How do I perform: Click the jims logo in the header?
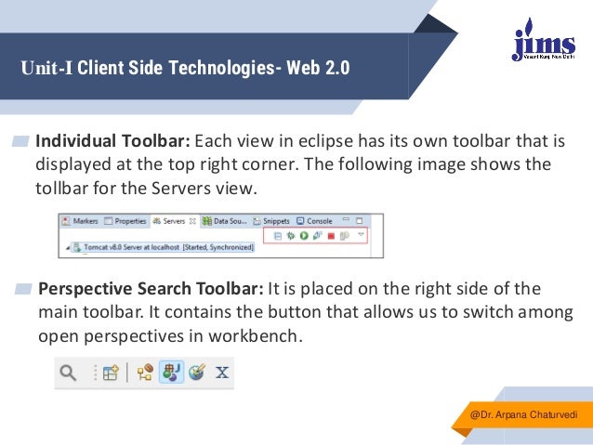tap(538, 40)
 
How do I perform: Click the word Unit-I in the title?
tap(46, 69)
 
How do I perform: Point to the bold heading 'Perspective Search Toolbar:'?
tap(152, 287)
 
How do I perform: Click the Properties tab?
tap(126, 222)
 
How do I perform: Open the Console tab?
tap(314, 222)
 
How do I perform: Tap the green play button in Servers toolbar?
tap(303, 238)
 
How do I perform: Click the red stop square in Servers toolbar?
tap(330, 238)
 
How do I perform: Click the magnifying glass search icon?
tap(68, 373)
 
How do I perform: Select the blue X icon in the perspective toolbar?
tap(222, 373)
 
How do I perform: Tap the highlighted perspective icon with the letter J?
tap(171, 373)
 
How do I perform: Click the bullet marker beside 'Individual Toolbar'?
tap(20, 142)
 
